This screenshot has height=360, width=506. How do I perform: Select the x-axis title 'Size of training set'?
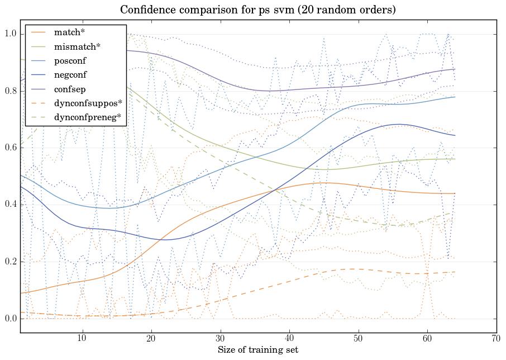(x=257, y=350)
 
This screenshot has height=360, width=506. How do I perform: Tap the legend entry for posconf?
(x=70, y=60)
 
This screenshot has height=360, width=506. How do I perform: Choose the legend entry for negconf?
(x=70, y=74)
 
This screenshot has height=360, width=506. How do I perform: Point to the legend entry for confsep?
(x=69, y=88)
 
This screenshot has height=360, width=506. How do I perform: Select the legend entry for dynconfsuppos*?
(x=83, y=102)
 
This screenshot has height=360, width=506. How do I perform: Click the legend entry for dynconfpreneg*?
(x=83, y=117)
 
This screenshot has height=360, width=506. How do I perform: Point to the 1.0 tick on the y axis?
(x=11, y=34)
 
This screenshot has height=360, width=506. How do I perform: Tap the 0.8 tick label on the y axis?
(x=11, y=91)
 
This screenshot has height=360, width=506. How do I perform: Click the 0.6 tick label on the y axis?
(x=11, y=148)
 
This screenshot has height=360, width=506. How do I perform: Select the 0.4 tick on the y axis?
(x=11, y=205)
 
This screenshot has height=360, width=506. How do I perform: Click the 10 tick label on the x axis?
(x=82, y=339)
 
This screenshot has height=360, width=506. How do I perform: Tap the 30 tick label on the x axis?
(x=220, y=339)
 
